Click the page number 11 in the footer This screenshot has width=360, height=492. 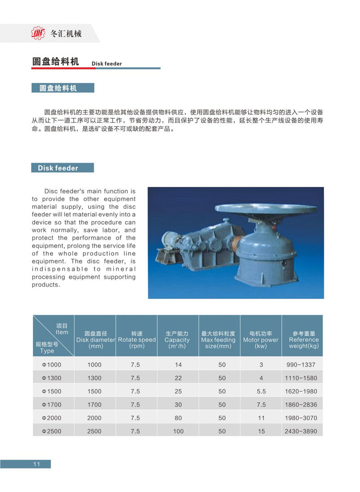(37, 464)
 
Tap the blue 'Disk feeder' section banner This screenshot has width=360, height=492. (63, 168)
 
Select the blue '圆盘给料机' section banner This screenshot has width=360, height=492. (63, 88)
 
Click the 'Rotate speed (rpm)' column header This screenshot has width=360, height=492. (136, 340)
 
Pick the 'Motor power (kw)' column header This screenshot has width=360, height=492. (261, 340)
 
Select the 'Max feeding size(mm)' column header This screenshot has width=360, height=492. (218, 340)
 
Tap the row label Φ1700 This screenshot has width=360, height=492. (51, 405)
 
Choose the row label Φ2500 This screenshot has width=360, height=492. (51, 431)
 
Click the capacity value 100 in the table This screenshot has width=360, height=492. (178, 431)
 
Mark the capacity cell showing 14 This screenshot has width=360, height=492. (178, 365)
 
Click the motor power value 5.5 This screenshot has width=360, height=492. (261, 392)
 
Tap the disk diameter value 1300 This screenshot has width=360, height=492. (94, 378)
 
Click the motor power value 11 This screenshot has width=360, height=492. (261, 418)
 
